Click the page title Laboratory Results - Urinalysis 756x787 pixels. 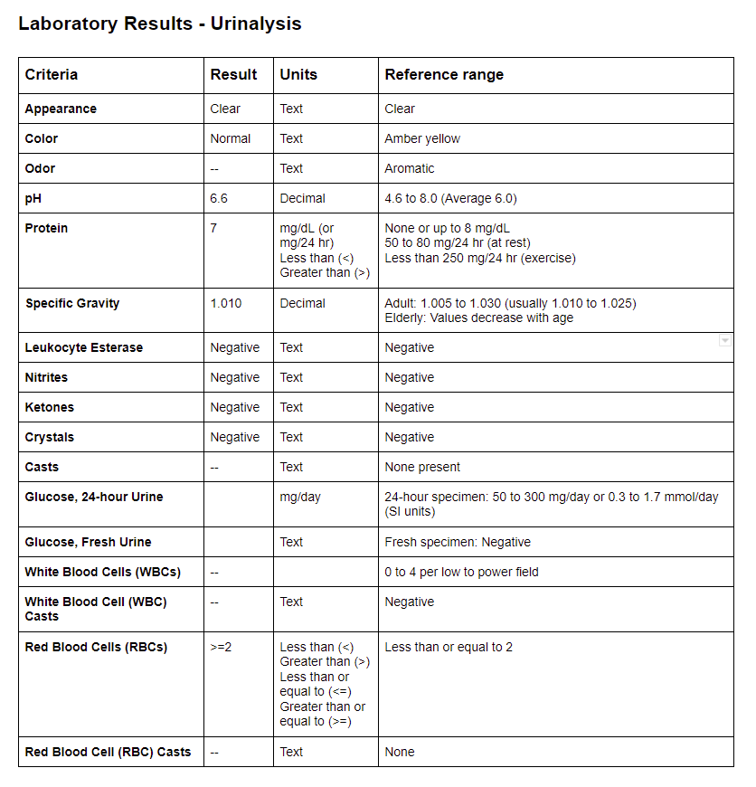pyautogui.click(x=159, y=24)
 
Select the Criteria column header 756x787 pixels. pyautogui.click(x=52, y=75)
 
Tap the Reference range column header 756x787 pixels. pyautogui.click(x=444, y=75)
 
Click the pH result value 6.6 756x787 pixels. pyautogui.click(x=220, y=198)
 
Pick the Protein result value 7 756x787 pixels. pyautogui.click(x=214, y=228)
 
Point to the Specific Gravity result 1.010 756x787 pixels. pyautogui.click(x=226, y=303)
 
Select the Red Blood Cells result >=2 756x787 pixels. pyautogui.click(x=222, y=647)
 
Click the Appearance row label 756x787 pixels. pyautogui.click(x=61, y=109)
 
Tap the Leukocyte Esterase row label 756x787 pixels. pyautogui.click(x=84, y=347)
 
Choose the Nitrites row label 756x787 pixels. pyautogui.click(x=46, y=377)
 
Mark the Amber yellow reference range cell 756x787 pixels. pyautogui.click(x=422, y=138)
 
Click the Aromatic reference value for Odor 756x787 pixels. pyautogui.click(x=410, y=168)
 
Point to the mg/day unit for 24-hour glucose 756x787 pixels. pyautogui.click(x=300, y=497)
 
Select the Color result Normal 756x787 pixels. pyautogui.click(x=231, y=138)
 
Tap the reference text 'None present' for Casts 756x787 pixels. pyautogui.click(x=422, y=467)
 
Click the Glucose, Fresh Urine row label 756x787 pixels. pyautogui.click(x=88, y=542)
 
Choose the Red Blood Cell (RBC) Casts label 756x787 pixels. pyautogui.click(x=108, y=752)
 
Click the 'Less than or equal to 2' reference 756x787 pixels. pyautogui.click(x=449, y=647)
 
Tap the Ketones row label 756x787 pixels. pyautogui.click(x=50, y=407)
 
